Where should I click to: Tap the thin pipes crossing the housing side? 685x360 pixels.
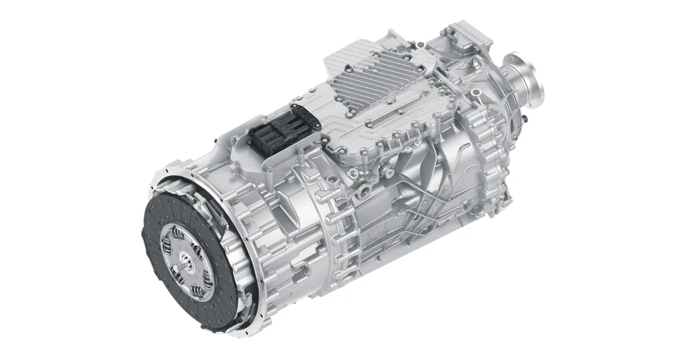coord(428,194)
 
